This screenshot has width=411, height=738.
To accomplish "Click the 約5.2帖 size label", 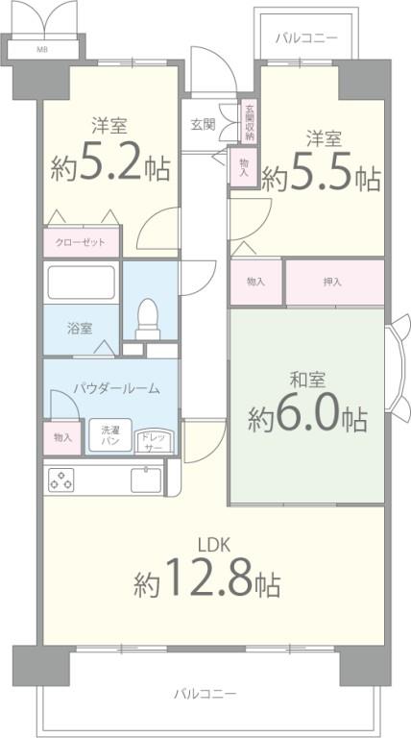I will coord(111,168).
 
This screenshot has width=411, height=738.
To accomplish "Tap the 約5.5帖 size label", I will coord(321,177).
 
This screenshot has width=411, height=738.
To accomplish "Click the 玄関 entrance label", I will coord(203,123).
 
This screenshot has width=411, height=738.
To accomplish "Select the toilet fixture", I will coord(148,317).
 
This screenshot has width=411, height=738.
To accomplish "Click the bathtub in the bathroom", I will coord(81,282).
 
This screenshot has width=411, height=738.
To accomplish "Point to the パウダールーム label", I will coord(116,388).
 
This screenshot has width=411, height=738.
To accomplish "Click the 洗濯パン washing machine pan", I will coord(110,435).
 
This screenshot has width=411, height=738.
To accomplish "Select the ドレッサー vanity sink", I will coord(153,440).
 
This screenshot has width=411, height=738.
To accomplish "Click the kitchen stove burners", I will coord(62,479).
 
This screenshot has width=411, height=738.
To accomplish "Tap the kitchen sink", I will coord(146,479).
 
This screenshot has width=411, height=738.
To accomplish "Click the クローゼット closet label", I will coord(82,242).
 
